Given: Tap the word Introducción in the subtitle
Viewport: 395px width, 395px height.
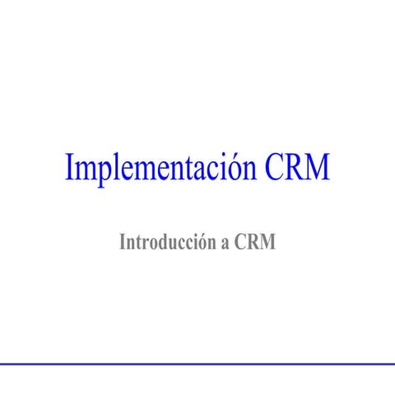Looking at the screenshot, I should pos(169,243).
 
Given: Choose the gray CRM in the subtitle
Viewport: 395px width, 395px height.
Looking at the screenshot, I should pos(255,243).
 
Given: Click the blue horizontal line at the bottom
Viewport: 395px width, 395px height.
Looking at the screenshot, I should pos(197,363).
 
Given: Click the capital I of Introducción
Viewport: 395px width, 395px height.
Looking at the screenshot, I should pos(123,243).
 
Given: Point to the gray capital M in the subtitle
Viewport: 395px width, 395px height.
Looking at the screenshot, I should pos(268,243).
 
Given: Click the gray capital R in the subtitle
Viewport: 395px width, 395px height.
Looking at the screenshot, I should pos(253,243).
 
